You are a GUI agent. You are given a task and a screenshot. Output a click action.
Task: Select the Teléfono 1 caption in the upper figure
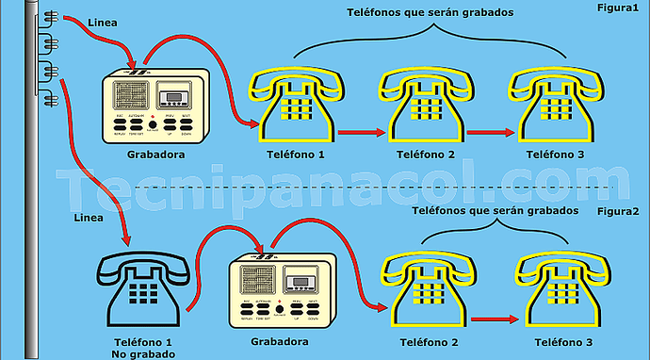click(295, 155)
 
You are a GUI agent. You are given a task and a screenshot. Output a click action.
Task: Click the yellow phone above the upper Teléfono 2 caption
click(424, 106)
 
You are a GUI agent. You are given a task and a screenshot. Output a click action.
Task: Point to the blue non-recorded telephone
click(144, 282)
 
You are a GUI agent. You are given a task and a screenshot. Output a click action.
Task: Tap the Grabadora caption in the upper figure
click(155, 155)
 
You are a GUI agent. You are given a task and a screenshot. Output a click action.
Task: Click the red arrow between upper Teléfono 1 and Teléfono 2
click(358, 133)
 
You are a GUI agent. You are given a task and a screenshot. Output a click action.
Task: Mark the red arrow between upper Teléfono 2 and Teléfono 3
click(488, 133)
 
